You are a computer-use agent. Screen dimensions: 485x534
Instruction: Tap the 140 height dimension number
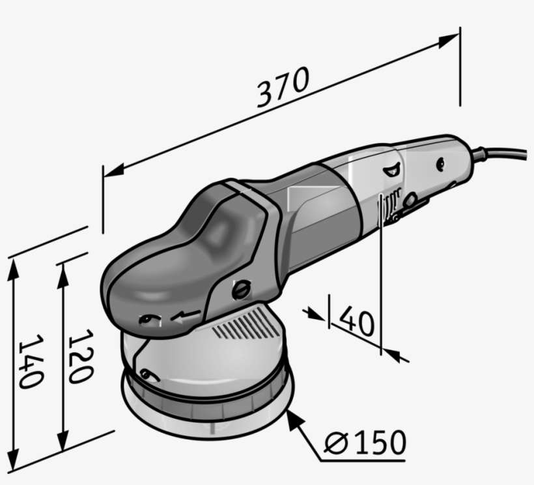coord(30,361)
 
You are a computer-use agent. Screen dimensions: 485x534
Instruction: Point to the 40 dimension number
coord(357,320)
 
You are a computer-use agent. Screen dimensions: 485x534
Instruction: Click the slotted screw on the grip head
coord(240,288)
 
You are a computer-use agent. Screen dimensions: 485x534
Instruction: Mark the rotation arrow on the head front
coord(184,317)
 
